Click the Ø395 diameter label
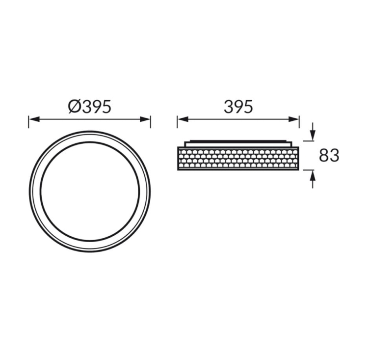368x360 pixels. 90,107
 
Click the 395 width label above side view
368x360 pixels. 238,107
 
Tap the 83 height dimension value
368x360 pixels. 329,155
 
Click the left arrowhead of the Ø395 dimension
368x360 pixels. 34,119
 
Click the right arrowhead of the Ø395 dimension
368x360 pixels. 145,119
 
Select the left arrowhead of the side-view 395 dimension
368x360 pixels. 183,119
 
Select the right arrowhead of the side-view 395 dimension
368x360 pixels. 294,119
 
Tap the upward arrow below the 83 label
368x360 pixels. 313,179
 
